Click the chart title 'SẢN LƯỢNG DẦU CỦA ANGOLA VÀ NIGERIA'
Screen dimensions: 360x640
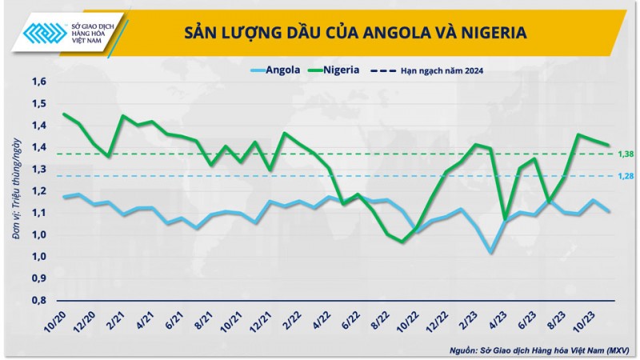pos(355,33)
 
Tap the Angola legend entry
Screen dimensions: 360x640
pos(274,70)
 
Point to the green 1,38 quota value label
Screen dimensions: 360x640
pos(625,154)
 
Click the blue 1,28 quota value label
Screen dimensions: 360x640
pos(625,176)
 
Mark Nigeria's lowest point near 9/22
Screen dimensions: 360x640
pos(402,241)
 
